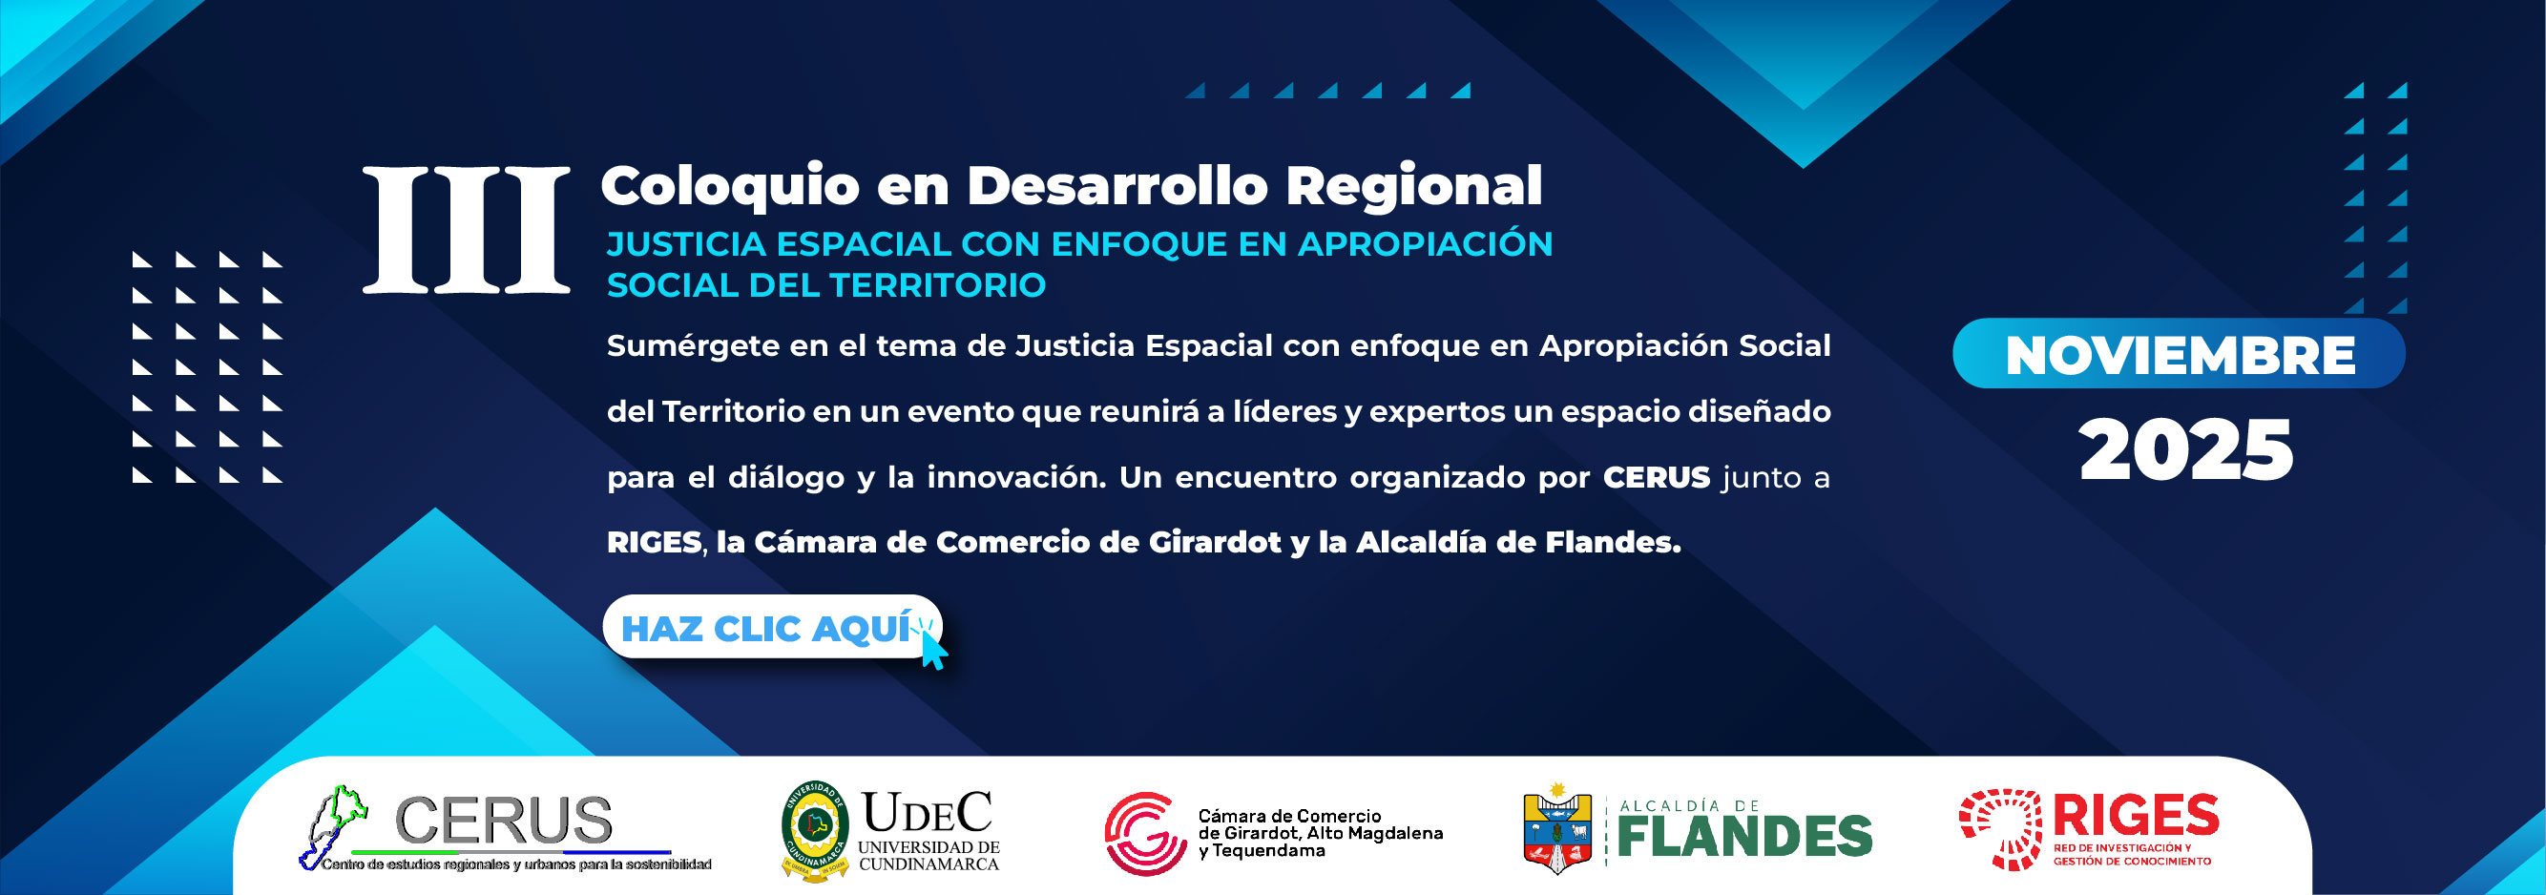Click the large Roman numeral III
click(x=466, y=230)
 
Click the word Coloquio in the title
click(x=729, y=187)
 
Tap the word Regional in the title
click(x=1413, y=187)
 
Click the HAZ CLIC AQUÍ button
click(x=772, y=626)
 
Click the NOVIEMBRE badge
click(x=2179, y=354)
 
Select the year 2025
click(x=2185, y=449)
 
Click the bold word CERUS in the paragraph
click(x=1656, y=477)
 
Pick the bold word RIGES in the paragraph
click(x=654, y=542)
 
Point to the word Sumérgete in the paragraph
click(x=693, y=346)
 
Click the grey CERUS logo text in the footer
click(x=504, y=820)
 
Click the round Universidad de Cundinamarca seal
click(x=814, y=831)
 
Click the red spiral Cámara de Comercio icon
click(x=1145, y=834)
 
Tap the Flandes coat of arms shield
click(x=1556, y=830)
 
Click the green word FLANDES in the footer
click(x=1744, y=837)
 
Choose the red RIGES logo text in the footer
click(x=2136, y=816)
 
